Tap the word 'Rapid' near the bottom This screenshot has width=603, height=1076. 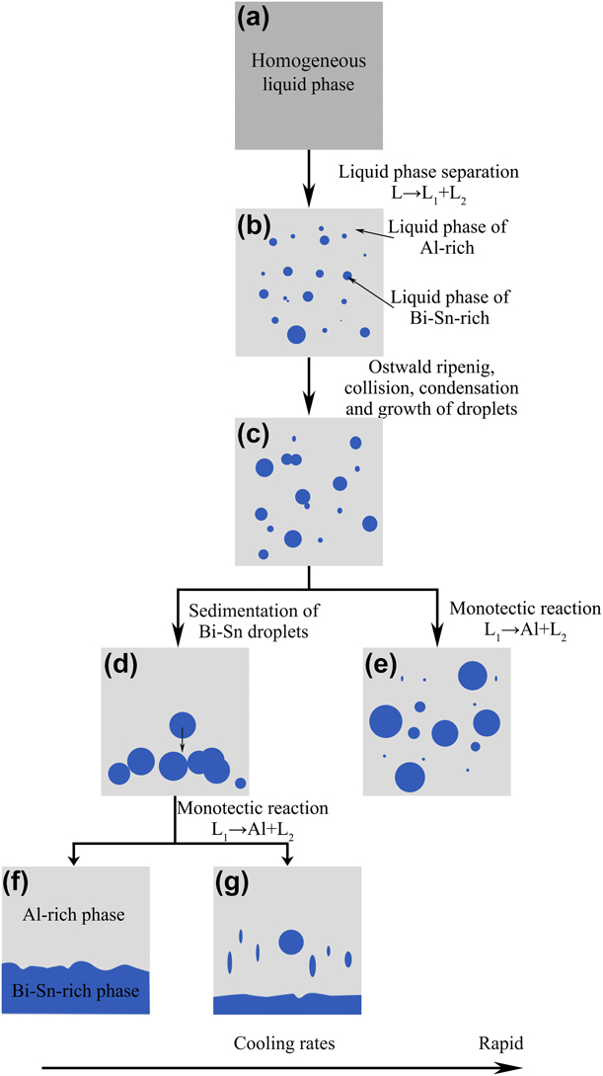pos(497,1042)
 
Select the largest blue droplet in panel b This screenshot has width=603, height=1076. pos(295,335)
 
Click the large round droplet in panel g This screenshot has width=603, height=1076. pos(291,942)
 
